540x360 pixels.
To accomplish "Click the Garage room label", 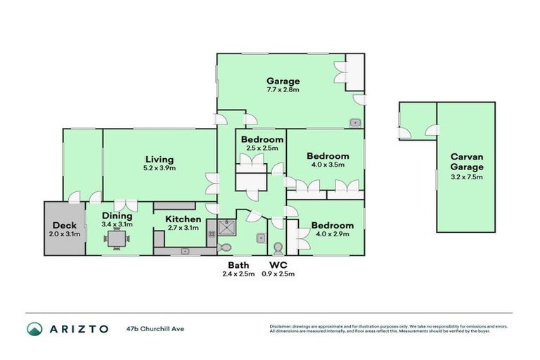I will pyautogui.click(x=283, y=81).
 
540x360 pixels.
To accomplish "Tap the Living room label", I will pyautogui.click(x=160, y=159).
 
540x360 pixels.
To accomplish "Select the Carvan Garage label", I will pyautogui.click(x=467, y=162).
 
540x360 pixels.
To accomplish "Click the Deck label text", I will pyautogui.click(x=64, y=225).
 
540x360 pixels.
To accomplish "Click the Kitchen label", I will pyautogui.click(x=183, y=219).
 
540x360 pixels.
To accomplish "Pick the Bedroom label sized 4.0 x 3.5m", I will pyautogui.click(x=328, y=156).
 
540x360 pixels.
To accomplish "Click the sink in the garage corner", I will pyautogui.click(x=355, y=123).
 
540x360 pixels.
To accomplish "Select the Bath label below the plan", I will pyautogui.click(x=237, y=265).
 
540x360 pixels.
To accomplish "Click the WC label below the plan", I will pyautogui.click(x=278, y=265).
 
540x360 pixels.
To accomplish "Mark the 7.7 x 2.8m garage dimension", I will pyautogui.click(x=283, y=90).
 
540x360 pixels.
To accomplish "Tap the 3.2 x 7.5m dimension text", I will pyautogui.click(x=467, y=177).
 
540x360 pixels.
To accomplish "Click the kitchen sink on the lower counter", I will pyautogui.click(x=185, y=250).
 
